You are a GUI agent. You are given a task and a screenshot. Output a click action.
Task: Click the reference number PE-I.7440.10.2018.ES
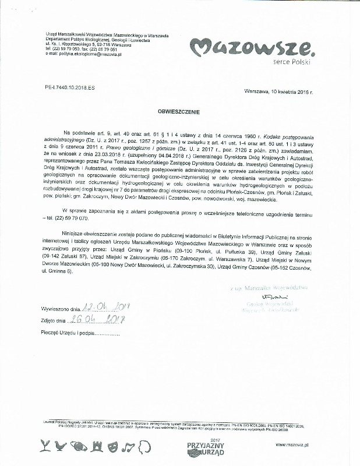69,86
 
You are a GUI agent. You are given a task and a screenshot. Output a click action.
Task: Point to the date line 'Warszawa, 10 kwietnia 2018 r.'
279,93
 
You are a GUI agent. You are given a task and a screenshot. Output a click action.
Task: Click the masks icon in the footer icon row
115,446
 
